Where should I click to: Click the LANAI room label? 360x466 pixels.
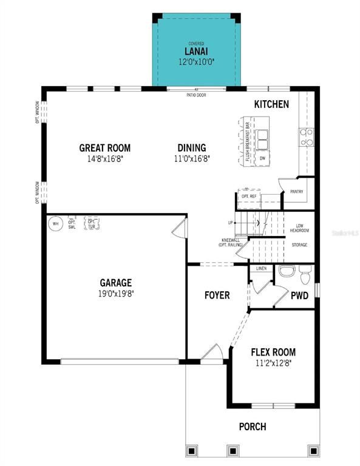point(195,52)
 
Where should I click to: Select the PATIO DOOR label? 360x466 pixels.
point(195,95)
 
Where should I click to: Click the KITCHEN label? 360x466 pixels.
point(271,104)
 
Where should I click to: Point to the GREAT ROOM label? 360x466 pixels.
point(104,147)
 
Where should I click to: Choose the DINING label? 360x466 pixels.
point(191,147)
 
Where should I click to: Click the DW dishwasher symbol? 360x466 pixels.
point(262,158)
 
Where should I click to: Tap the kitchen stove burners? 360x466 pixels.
point(307,137)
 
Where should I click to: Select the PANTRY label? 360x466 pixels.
point(297,192)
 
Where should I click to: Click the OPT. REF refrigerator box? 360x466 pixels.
point(249,197)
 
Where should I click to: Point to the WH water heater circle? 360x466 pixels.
point(56,223)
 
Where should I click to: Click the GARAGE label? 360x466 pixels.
point(115,283)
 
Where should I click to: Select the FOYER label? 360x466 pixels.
point(217,295)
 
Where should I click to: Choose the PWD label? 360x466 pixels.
point(299,296)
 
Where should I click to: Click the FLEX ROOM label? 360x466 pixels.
point(273,352)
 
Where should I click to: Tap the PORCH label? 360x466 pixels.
point(252,427)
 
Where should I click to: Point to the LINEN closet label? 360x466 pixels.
point(262,268)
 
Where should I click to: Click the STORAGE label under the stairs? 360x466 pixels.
point(299,245)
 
